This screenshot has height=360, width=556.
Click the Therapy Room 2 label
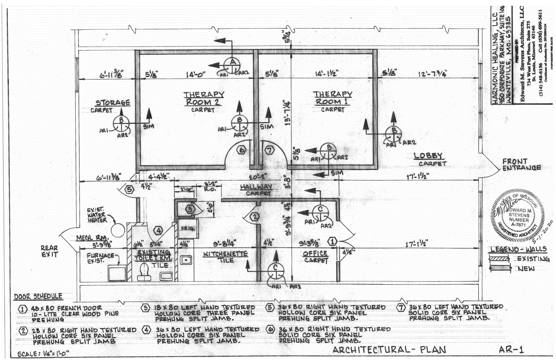click(203, 98)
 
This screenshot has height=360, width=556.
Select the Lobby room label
click(428, 156)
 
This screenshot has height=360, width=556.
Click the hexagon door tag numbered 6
click(241, 150)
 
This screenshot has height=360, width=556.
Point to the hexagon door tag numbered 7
click(269, 150)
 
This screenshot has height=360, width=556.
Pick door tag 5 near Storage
click(129, 189)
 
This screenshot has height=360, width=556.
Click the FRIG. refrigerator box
click(188, 228)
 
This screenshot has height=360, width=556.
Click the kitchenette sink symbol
click(186, 260)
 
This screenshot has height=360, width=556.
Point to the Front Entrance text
click(521, 165)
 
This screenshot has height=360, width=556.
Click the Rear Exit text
click(49, 251)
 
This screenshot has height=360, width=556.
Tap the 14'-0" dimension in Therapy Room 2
click(196, 74)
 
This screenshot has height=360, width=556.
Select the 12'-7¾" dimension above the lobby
click(432, 74)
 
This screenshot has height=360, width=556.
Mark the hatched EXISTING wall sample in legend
click(498, 258)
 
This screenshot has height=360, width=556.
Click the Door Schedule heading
click(38, 296)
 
